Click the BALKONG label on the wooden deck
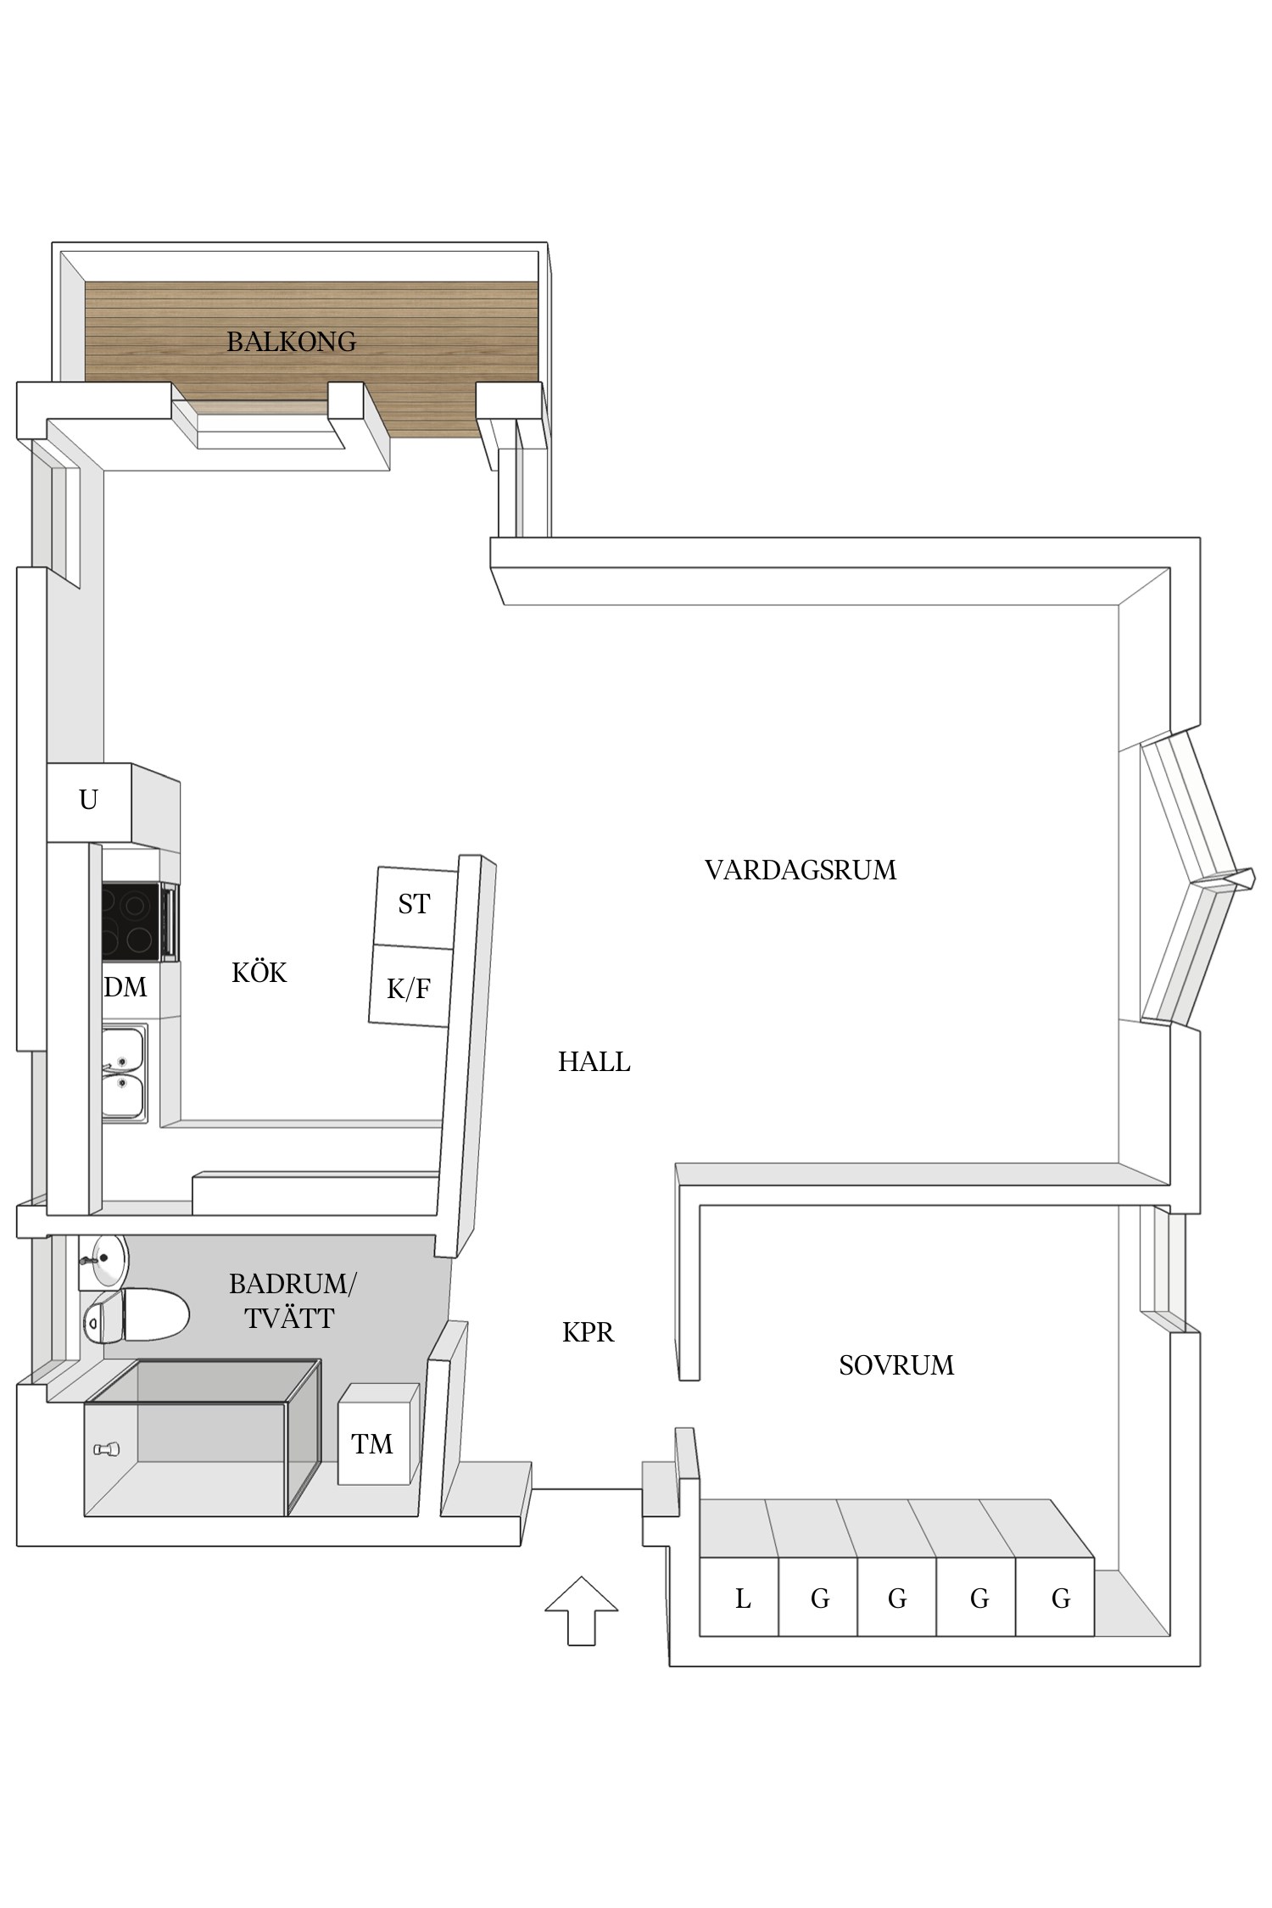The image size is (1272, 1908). pyautogui.click(x=291, y=342)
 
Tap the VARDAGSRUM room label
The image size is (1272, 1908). pyautogui.click(x=800, y=870)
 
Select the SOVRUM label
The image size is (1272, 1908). pyautogui.click(x=895, y=1365)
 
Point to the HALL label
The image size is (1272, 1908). pyautogui.click(x=594, y=1062)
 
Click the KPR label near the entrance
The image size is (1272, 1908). pyautogui.click(x=588, y=1332)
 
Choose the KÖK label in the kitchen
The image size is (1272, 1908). pyautogui.click(x=259, y=973)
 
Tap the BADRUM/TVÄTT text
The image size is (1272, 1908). pyautogui.click(x=292, y=1301)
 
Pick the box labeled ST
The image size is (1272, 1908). pyautogui.click(x=415, y=905)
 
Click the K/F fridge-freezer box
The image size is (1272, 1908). pyautogui.click(x=409, y=989)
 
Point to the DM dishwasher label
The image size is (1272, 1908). pyautogui.click(x=126, y=987)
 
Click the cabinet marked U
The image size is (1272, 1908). pyautogui.click(x=88, y=800)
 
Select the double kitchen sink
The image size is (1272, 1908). pyautogui.click(x=123, y=1074)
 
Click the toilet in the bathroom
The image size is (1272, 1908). pyautogui.click(x=140, y=1316)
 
